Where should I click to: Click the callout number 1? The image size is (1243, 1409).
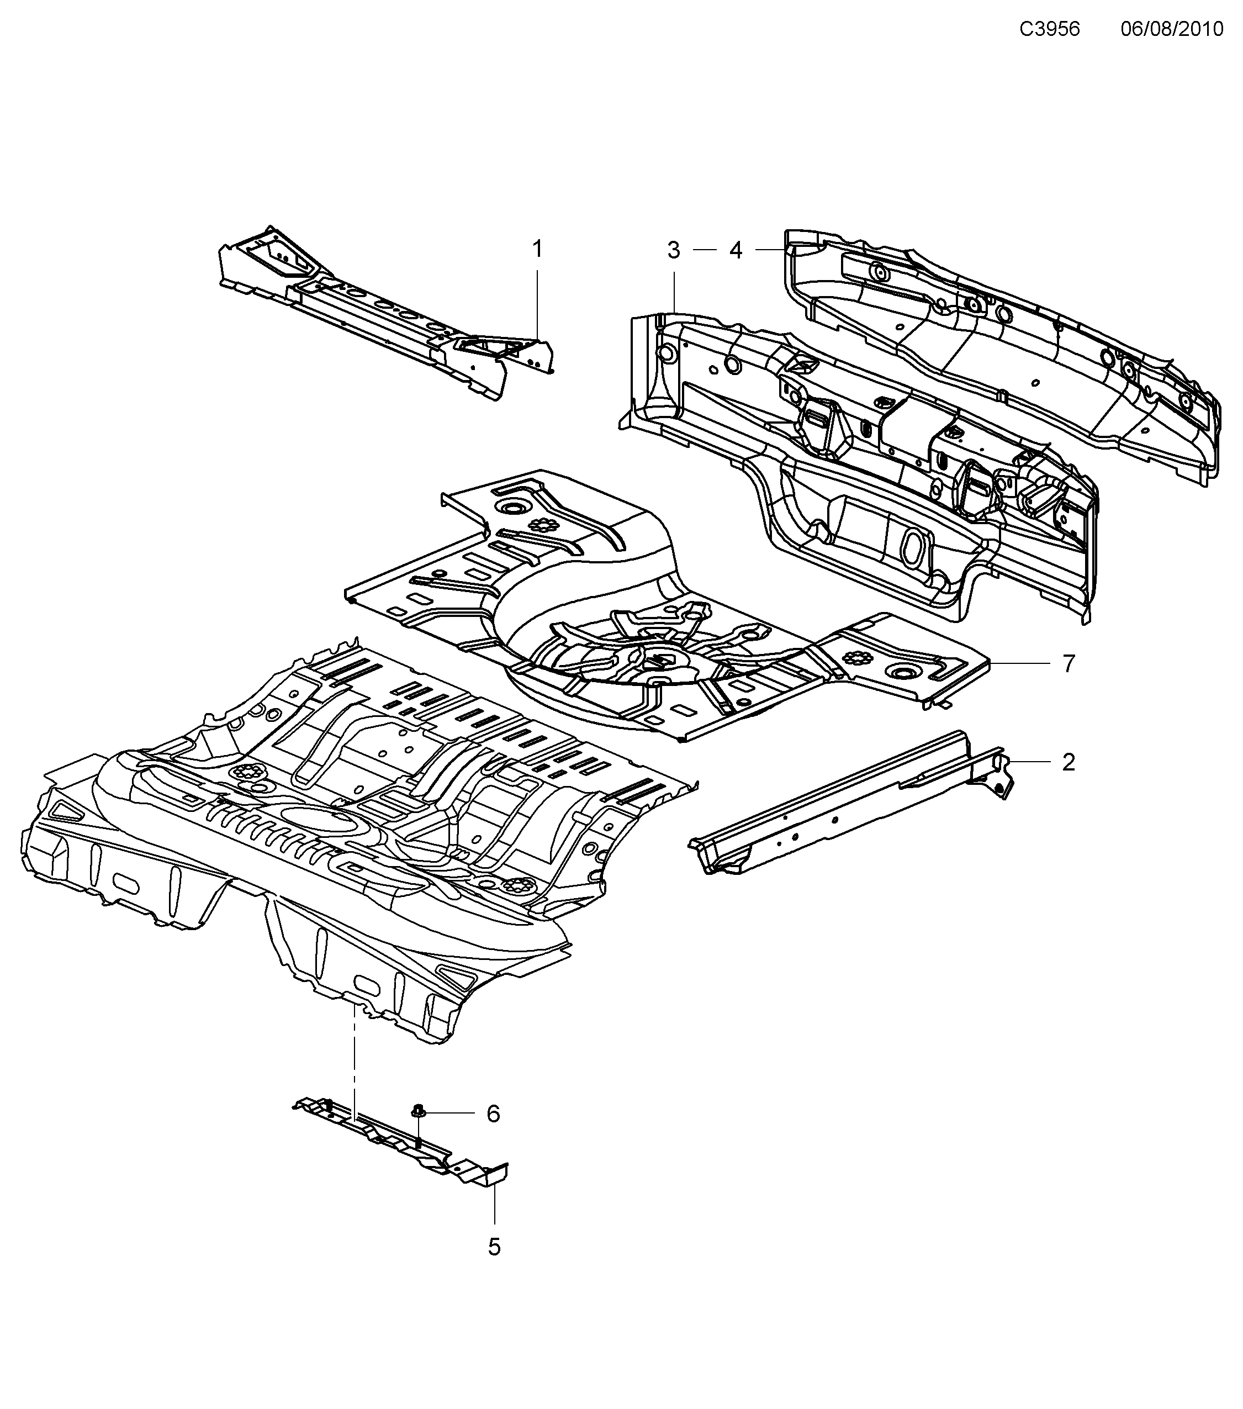pyautogui.click(x=537, y=249)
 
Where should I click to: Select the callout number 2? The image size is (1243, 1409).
pyautogui.click(x=1068, y=762)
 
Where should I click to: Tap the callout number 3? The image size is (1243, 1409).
pyautogui.click(x=674, y=250)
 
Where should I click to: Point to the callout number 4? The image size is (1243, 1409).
pyautogui.click(x=736, y=250)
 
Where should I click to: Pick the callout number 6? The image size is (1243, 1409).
pyautogui.click(x=493, y=1114)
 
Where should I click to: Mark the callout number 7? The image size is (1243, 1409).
pyautogui.click(x=1068, y=664)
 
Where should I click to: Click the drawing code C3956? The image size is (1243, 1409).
pyautogui.click(x=1049, y=29)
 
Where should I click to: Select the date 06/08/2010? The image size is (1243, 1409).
pyautogui.click(x=1171, y=29)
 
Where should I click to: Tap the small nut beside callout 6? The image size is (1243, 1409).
pyautogui.click(x=417, y=1111)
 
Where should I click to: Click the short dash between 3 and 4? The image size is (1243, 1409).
pyautogui.click(x=705, y=250)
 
